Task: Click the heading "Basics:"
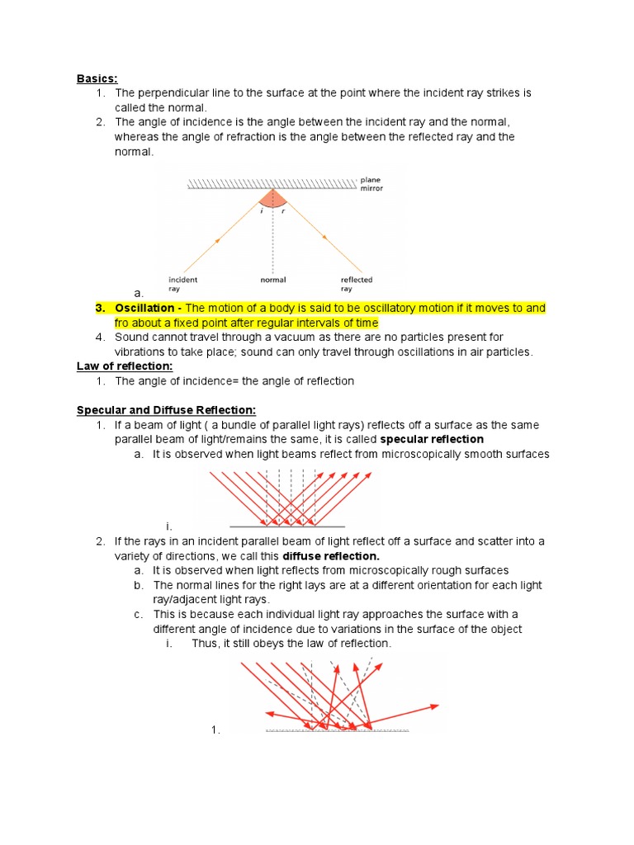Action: [x=97, y=78]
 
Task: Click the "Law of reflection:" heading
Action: [x=125, y=366]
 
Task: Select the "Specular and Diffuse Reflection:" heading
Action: [x=167, y=410]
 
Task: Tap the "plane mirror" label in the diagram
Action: [x=371, y=183]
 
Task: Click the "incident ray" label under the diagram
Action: [x=182, y=284]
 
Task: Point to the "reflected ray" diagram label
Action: [x=357, y=284]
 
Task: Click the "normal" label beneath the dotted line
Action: [x=272, y=280]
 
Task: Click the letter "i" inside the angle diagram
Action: [x=262, y=211]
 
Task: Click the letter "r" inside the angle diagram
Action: [x=282, y=211]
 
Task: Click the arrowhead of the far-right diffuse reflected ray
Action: [x=436, y=706]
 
